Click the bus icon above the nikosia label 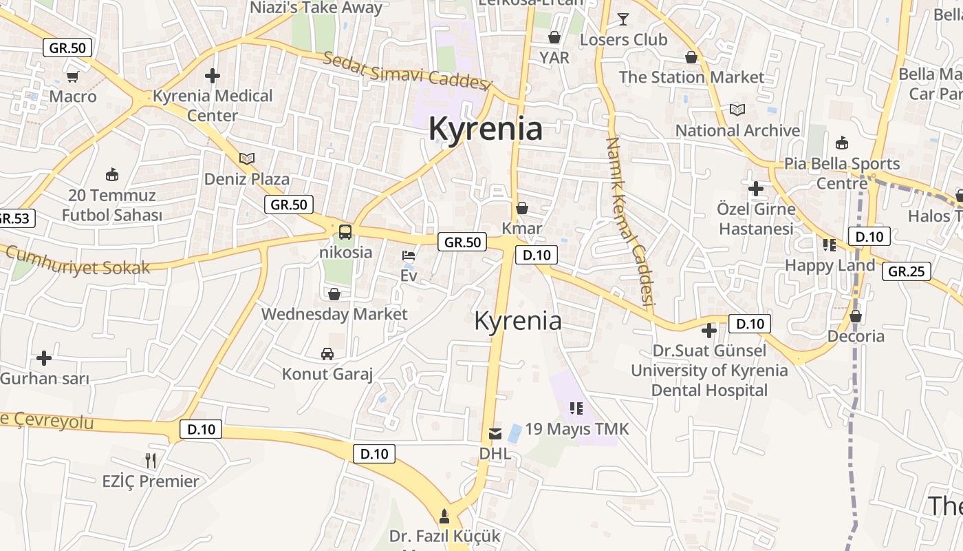coord(345,231)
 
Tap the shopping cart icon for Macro coord(72,76)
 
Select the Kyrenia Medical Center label coord(213,105)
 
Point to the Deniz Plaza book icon coord(247,158)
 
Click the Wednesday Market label coord(334,314)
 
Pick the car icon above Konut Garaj coord(327,354)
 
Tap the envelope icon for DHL coord(495,433)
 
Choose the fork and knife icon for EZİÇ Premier coord(151,460)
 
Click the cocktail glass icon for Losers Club coord(623,19)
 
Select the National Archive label coord(737,130)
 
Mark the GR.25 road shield coord(906,271)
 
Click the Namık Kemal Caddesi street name coord(629,220)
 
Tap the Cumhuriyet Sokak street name coord(78,261)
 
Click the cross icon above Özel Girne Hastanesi coord(756,188)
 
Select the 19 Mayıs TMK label coord(576,429)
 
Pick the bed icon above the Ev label coord(409,256)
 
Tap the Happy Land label coord(830,265)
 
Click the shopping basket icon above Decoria coord(856,316)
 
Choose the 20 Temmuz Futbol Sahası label coord(112,205)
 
